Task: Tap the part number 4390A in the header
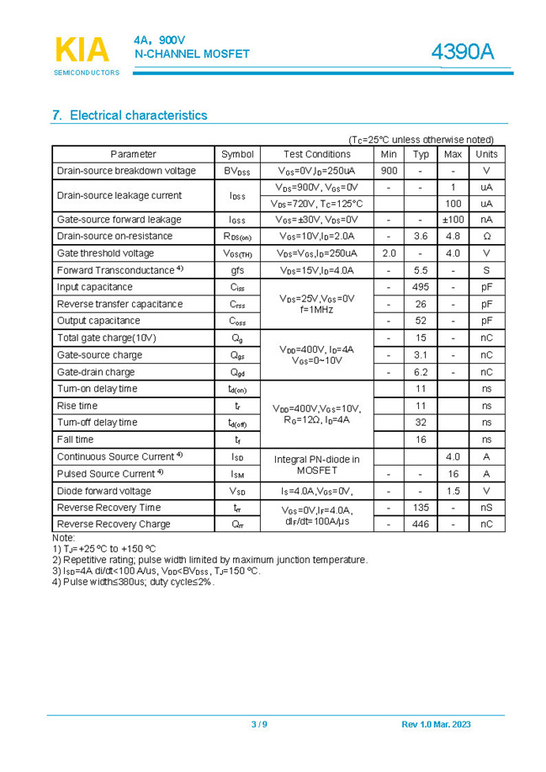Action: pyautogui.click(x=462, y=52)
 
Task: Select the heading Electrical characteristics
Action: pyautogui.click(x=130, y=115)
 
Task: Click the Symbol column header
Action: pyautogui.click(x=237, y=154)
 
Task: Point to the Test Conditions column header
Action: pyautogui.click(x=316, y=154)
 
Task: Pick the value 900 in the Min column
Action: pyautogui.click(x=389, y=171)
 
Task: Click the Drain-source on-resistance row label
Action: pyautogui.click(x=114, y=237)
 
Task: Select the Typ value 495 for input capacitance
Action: pyautogui.click(x=421, y=287)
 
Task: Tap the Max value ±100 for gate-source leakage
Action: pyautogui.click(x=453, y=220)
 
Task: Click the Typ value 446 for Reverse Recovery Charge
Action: pyautogui.click(x=421, y=524)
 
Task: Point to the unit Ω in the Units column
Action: pyautogui.click(x=486, y=237)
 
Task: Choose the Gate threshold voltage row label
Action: pyautogui.click(x=105, y=253)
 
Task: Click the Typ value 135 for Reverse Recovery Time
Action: pyautogui.click(x=421, y=508)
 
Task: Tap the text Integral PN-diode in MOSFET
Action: pyautogui.click(x=316, y=465)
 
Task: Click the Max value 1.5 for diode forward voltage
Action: pyautogui.click(x=453, y=491)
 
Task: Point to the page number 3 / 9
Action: pyautogui.click(x=259, y=725)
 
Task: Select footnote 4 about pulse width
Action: pyautogui.click(x=133, y=582)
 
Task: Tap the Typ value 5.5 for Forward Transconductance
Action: pyautogui.click(x=421, y=270)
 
